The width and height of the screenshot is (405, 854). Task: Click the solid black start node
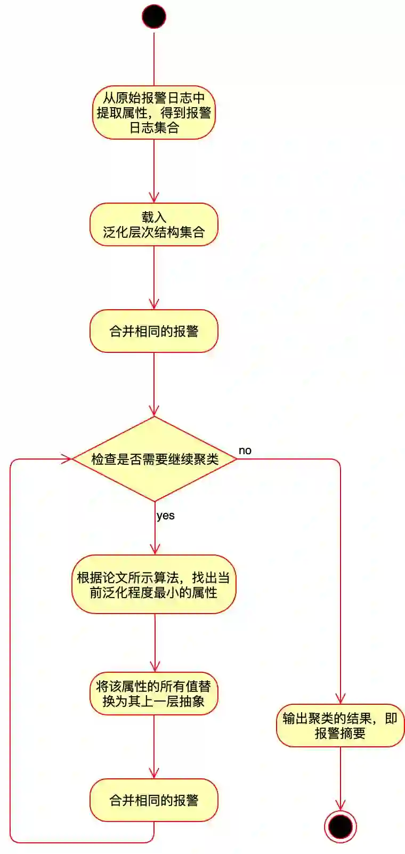[x=154, y=17]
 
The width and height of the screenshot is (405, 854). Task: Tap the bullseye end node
[x=340, y=827]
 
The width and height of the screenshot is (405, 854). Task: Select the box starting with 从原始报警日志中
[x=154, y=112]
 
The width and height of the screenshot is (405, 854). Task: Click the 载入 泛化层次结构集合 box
[x=154, y=224]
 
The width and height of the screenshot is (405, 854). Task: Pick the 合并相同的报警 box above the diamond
[x=154, y=331]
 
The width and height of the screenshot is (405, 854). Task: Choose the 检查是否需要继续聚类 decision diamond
[x=155, y=459]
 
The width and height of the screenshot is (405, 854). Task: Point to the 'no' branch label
[x=245, y=450]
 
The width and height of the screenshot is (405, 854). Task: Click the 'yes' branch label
[x=166, y=515]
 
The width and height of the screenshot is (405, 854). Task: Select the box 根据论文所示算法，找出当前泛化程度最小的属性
[x=154, y=585]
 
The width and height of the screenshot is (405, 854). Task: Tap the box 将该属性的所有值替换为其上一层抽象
[x=154, y=694]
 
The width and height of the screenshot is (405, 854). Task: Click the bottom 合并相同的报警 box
[x=154, y=800]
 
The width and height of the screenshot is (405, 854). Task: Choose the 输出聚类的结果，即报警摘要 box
[x=340, y=726]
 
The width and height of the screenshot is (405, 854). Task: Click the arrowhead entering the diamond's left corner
[x=67, y=459]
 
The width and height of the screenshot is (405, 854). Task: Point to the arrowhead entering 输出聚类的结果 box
[x=340, y=698]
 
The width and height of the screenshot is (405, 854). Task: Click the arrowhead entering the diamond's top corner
[x=154, y=410]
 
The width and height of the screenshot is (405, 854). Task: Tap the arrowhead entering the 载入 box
[x=154, y=197]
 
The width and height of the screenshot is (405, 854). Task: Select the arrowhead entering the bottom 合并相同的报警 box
[x=154, y=773]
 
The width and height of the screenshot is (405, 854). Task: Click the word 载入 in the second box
[x=154, y=217]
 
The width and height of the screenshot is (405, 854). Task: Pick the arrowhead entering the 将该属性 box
[x=155, y=666]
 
